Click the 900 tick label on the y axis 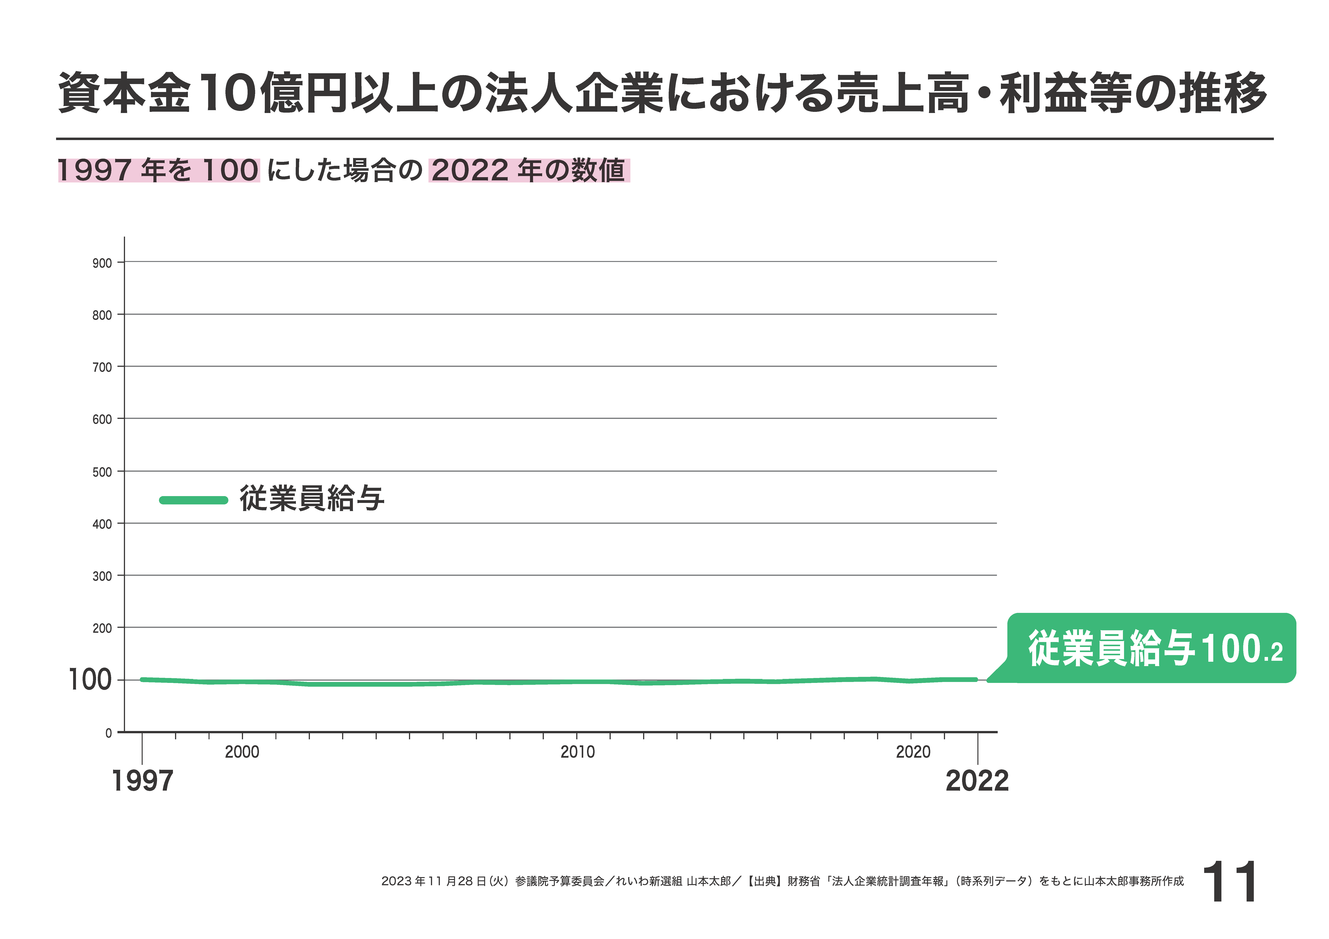[102, 263]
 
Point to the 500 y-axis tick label [102, 472]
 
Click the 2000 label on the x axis [242, 752]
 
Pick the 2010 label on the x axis [577, 752]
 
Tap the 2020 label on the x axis [913, 752]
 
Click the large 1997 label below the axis [142, 781]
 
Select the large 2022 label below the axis [977, 781]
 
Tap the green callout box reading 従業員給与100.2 [1152, 648]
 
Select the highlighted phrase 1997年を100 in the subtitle [159, 171]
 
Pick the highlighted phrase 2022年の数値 [528, 171]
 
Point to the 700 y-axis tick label [102, 367]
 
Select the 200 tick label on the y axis [102, 628]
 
